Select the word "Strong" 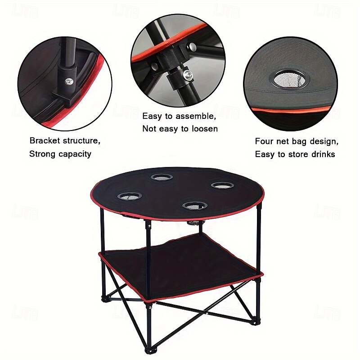[x=42, y=154]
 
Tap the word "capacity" [x=75, y=154]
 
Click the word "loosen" [x=203, y=129]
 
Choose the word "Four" [x=264, y=141]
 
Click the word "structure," [x=82, y=141]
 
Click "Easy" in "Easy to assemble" [x=152, y=116]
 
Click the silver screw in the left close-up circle [x=69, y=81]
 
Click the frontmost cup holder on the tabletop [x=195, y=206]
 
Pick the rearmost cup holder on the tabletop [x=162, y=177]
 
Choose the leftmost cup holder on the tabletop [x=130, y=196]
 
